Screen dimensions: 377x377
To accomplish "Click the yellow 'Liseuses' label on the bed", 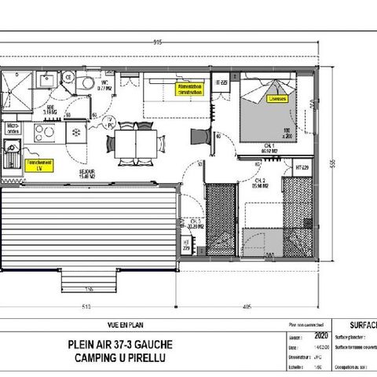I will [276, 100].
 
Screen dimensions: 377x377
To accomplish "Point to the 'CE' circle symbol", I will [68, 77].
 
